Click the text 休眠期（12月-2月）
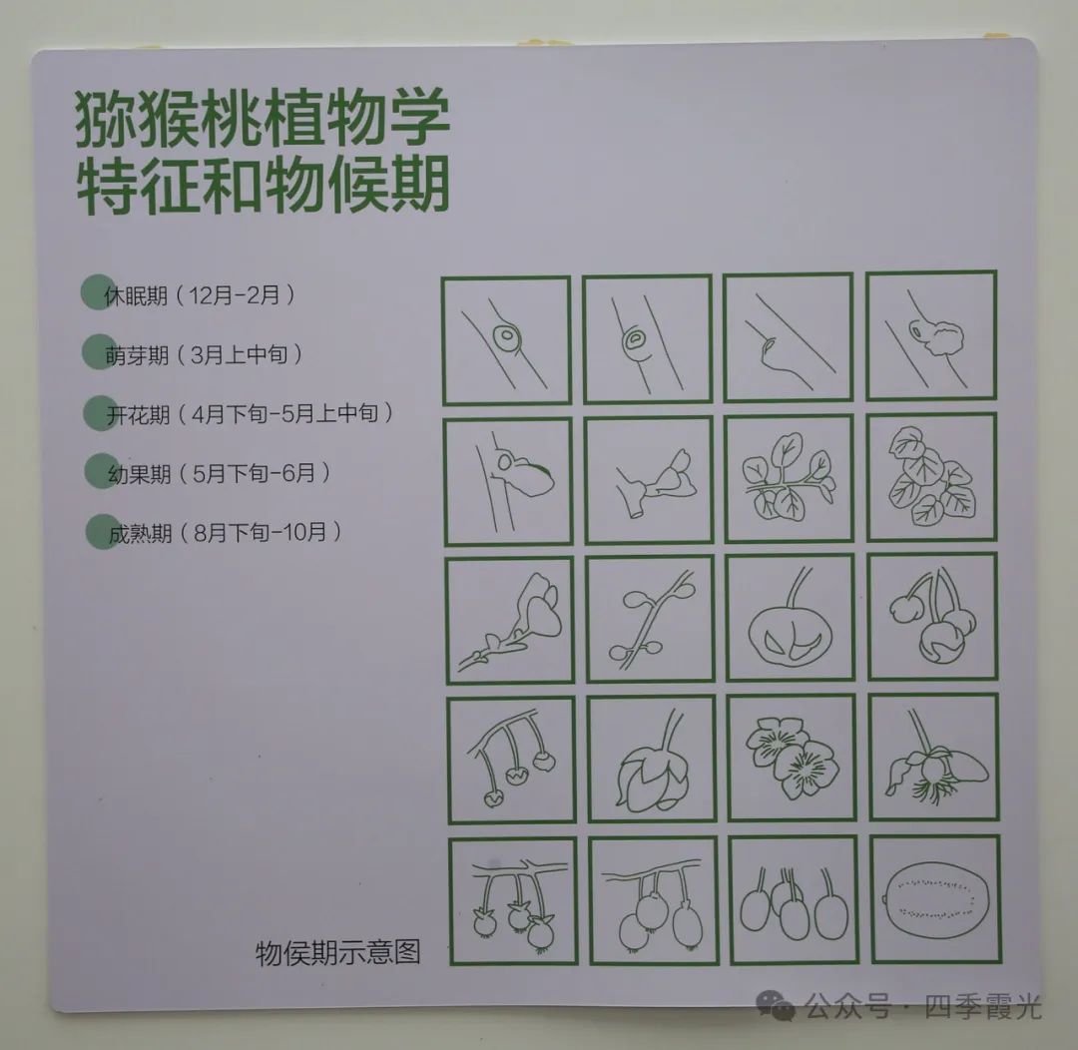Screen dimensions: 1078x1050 click(200, 295)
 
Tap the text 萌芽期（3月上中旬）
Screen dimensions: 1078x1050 click(204, 354)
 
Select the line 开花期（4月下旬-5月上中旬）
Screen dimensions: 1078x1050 click(250, 414)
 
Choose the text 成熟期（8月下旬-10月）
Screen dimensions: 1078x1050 click(225, 532)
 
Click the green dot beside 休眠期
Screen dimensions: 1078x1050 click(98, 292)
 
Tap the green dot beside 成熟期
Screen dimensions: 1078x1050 click(103, 532)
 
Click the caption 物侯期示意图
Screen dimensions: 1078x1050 click(337, 953)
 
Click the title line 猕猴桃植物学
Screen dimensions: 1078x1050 click(263, 120)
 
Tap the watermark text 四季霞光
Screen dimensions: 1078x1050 click(983, 1007)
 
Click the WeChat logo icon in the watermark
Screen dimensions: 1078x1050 click(777, 1005)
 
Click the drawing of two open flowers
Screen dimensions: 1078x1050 click(792, 758)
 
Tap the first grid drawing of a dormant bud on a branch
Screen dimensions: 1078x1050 click(506, 340)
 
